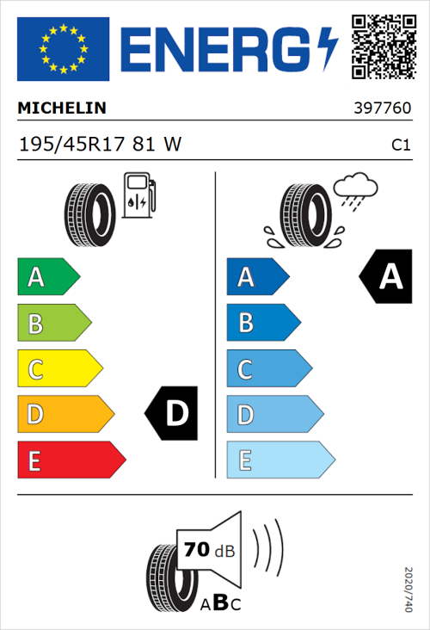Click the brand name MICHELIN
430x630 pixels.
point(62,108)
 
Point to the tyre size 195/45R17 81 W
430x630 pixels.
point(100,145)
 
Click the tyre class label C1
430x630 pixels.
point(400,145)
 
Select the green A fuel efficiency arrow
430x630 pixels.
point(47,277)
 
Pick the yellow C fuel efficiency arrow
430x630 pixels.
point(58,369)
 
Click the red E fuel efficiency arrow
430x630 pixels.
point(70,460)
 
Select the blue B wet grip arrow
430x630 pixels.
point(263,323)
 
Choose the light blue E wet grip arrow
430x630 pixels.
point(279,460)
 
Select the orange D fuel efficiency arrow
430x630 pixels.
point(64,415)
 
